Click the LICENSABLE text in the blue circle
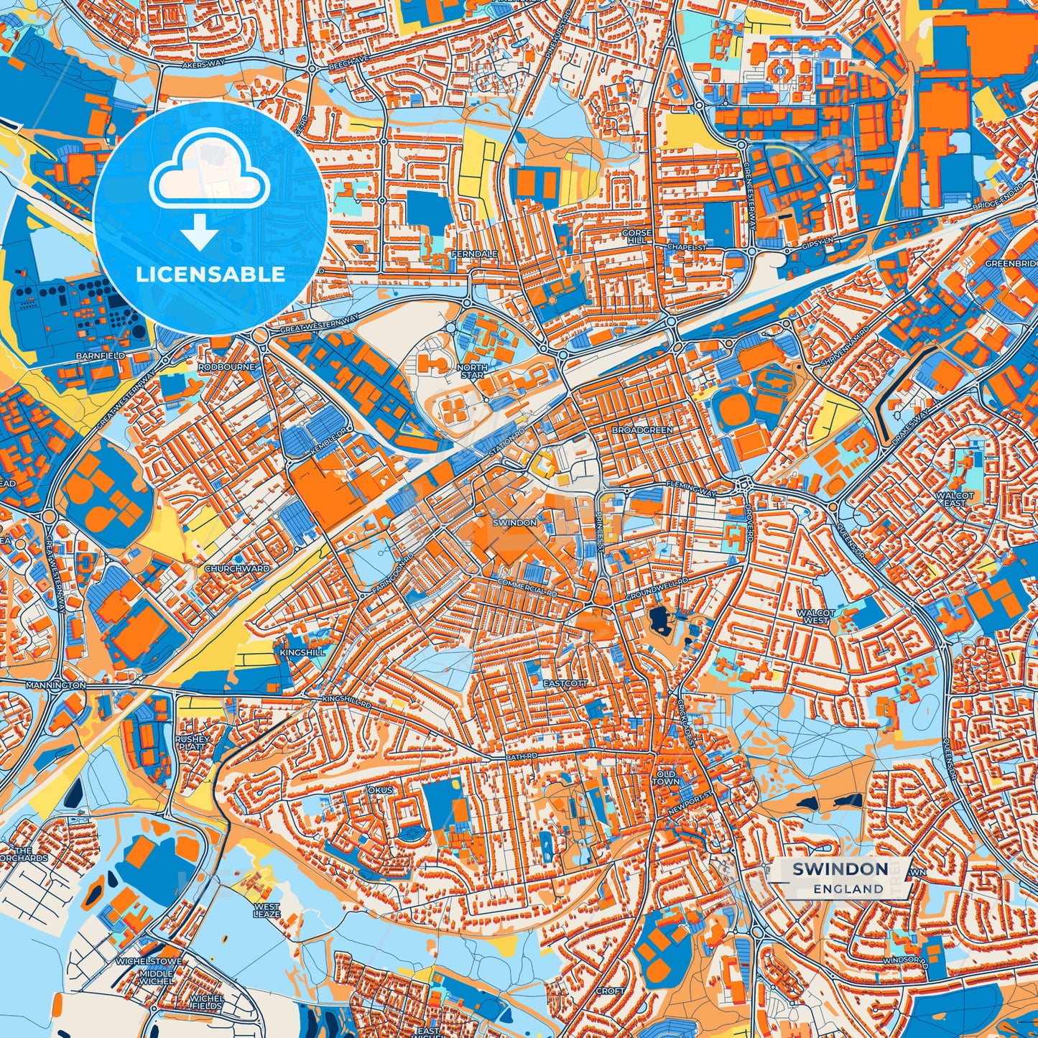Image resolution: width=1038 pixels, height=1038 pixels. click(x=210, y=274)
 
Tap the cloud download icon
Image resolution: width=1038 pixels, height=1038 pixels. click(x=209, y=186)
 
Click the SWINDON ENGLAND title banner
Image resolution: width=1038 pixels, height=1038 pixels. click(x=840, y=878)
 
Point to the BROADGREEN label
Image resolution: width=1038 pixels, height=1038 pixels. click(x=642, y=430)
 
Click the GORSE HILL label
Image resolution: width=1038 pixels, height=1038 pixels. click(x=636, y=237)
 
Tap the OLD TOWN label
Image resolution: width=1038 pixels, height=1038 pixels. click(x=665, y=777)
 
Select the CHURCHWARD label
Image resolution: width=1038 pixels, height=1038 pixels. click(x=237, y=568)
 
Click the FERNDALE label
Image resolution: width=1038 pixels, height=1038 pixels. click(x=474, y=254)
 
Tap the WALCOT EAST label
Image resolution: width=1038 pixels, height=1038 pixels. click(x=955, y=499)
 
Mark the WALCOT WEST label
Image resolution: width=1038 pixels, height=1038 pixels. click(x=815, y=616)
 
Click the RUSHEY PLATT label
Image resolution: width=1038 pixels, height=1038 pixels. click(x=192, y=743)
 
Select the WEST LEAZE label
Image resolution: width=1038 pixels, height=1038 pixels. click(x=267, y=911)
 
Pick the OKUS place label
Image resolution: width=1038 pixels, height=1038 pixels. click(x=381, y=790)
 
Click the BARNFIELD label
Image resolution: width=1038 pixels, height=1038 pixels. click(x=101, y=356)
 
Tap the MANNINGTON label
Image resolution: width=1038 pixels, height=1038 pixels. click(x=55, y=686)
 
